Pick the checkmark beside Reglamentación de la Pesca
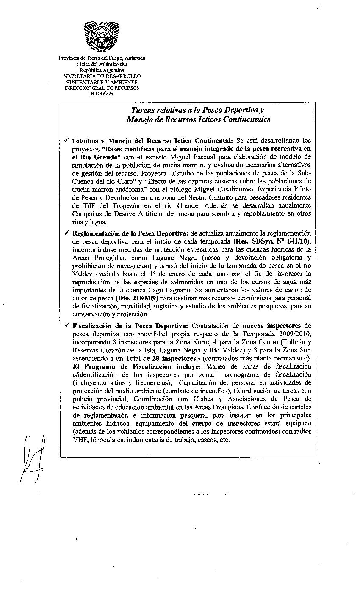point(66,233)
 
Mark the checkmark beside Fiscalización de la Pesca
point(66,326)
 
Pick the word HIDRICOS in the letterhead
point(102,94)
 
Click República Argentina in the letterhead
point(102,70)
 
